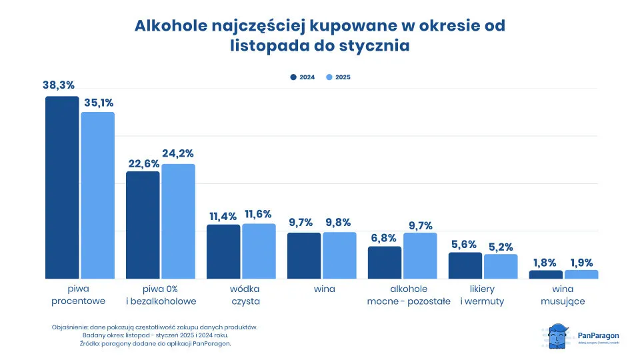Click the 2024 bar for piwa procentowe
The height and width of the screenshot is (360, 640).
[x=62, y=187]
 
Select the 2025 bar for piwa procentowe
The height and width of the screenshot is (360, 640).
[x=97, y=195]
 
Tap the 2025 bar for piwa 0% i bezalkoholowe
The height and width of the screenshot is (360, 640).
[x=178, y=221]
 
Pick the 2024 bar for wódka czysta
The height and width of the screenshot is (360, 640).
[x=223, y=251]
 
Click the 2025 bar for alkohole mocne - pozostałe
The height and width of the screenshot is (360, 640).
[x=420, y=255]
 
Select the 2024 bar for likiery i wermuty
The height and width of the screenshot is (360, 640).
[x=465, y=265]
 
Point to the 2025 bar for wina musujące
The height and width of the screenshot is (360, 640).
[x=581, y=274]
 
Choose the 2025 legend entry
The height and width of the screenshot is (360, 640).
[x=338, y=77]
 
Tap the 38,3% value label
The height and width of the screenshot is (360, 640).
[x=59, y=85]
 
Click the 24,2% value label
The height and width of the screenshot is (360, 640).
[x=178, y=153]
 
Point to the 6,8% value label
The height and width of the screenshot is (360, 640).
[x=384, y=237]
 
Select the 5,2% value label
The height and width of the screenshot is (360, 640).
[x=501, y=246]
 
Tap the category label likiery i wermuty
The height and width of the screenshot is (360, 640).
[x=482, y=295]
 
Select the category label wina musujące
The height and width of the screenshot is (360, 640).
[x=563, y=295]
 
